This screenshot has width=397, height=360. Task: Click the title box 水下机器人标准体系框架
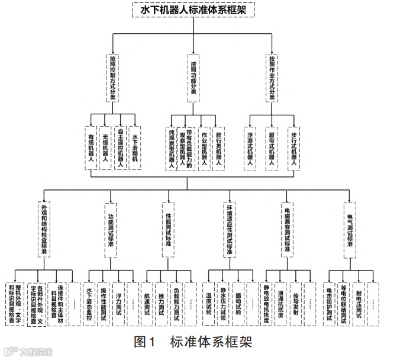point(198,10)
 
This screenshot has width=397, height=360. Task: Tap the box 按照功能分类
point(193,78)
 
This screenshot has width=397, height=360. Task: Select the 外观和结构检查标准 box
point(44,228)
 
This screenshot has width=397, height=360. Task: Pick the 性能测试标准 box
point(168,228)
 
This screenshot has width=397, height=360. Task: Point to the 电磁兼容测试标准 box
point(288,228)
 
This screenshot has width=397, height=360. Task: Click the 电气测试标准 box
point(350,228)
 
